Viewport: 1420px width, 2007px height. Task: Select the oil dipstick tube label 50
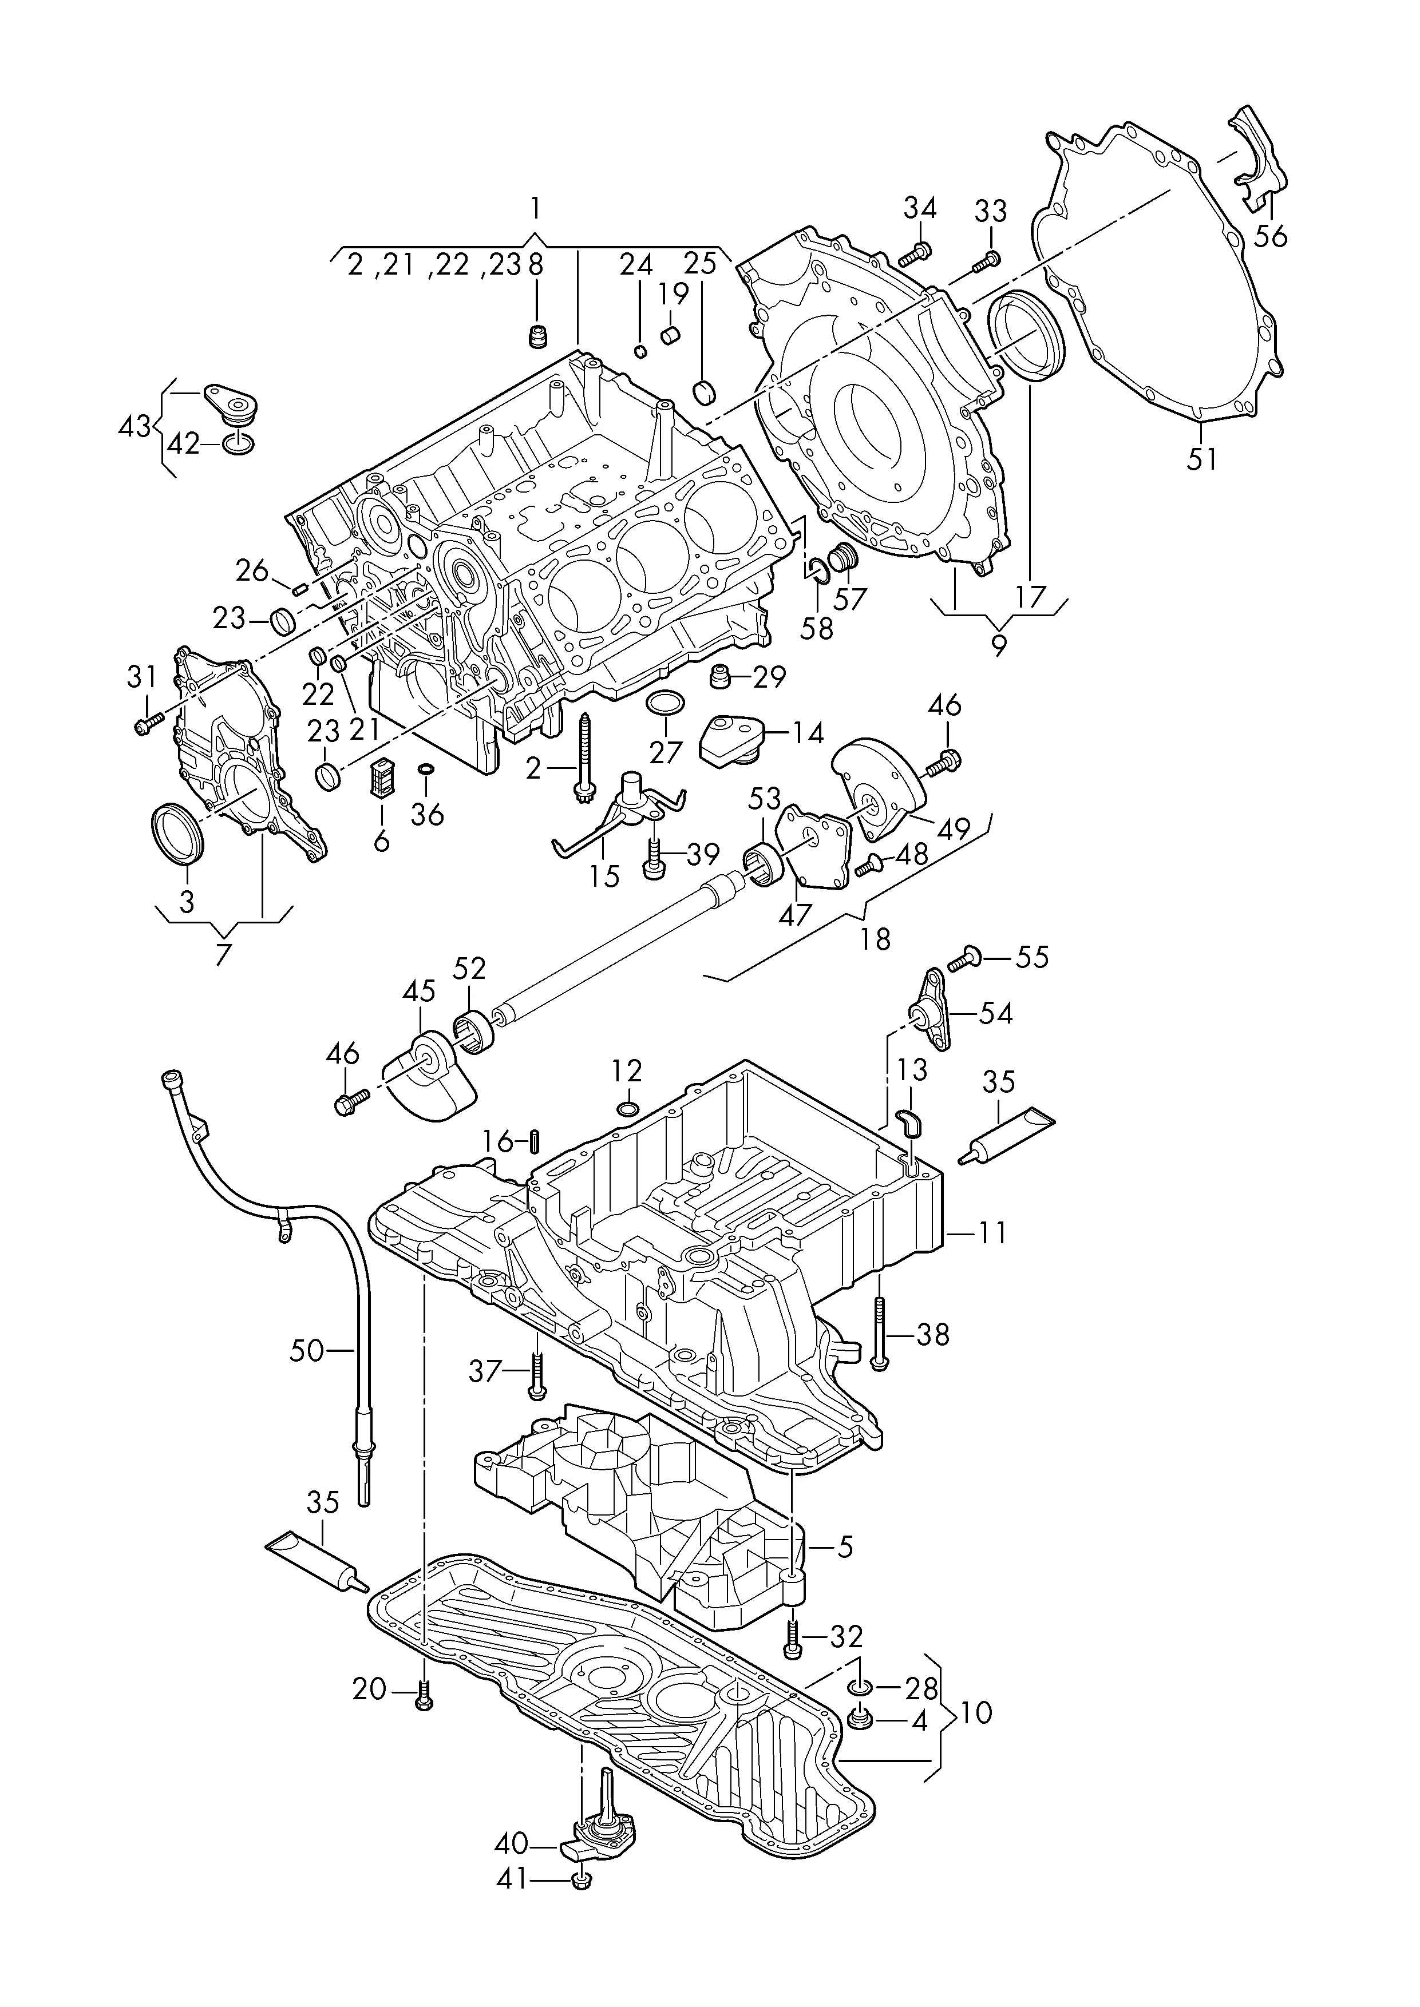click(x=307, y=1351)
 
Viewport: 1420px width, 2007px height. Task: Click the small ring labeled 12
click(x=627, y=1110)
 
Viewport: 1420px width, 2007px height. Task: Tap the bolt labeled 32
click(x=793, y=1634)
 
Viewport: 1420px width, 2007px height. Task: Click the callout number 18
click(x=875, y=939)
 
